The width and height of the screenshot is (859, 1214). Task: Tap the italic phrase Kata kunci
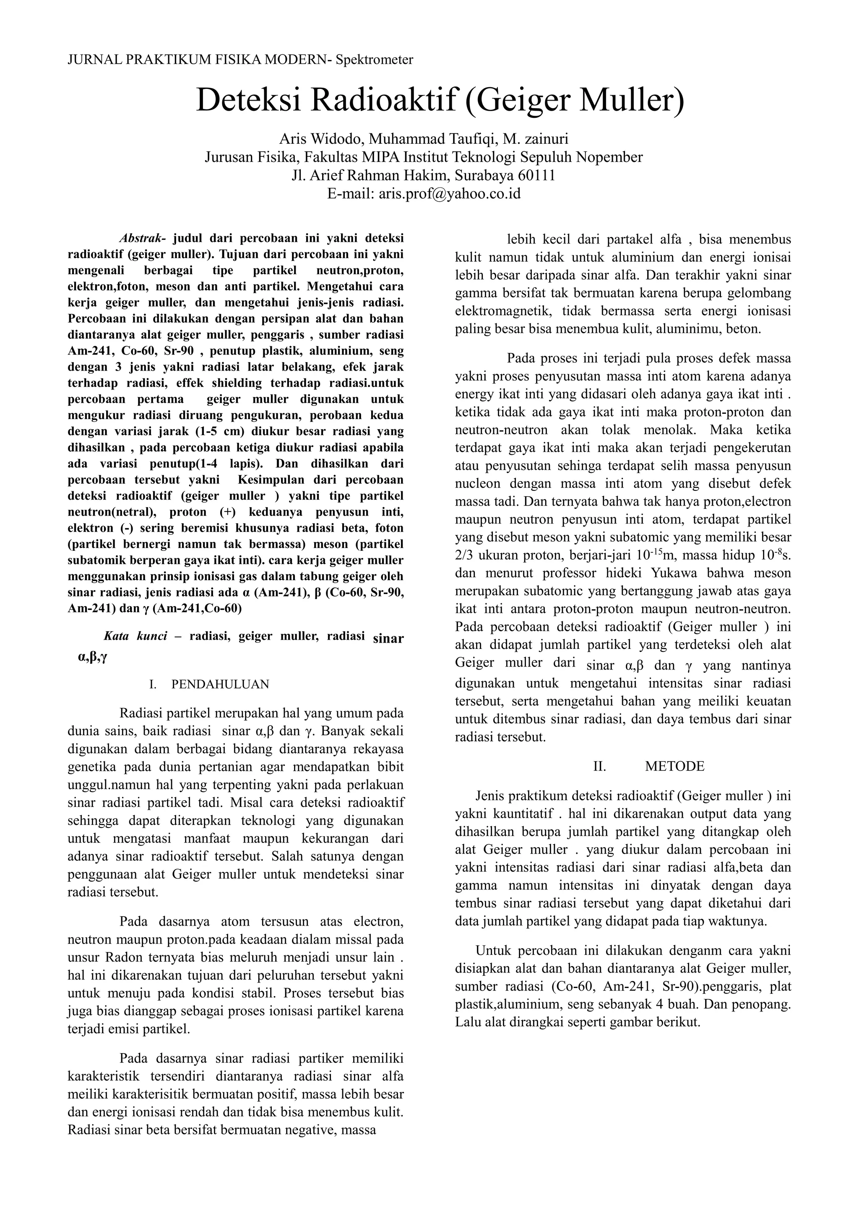pyautogui.click(x=135, y=636)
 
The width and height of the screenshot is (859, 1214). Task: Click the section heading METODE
pyautogui.click(x=674, y=766)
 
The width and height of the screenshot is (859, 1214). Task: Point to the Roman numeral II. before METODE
pyautogui.click(x=599, y=766)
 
